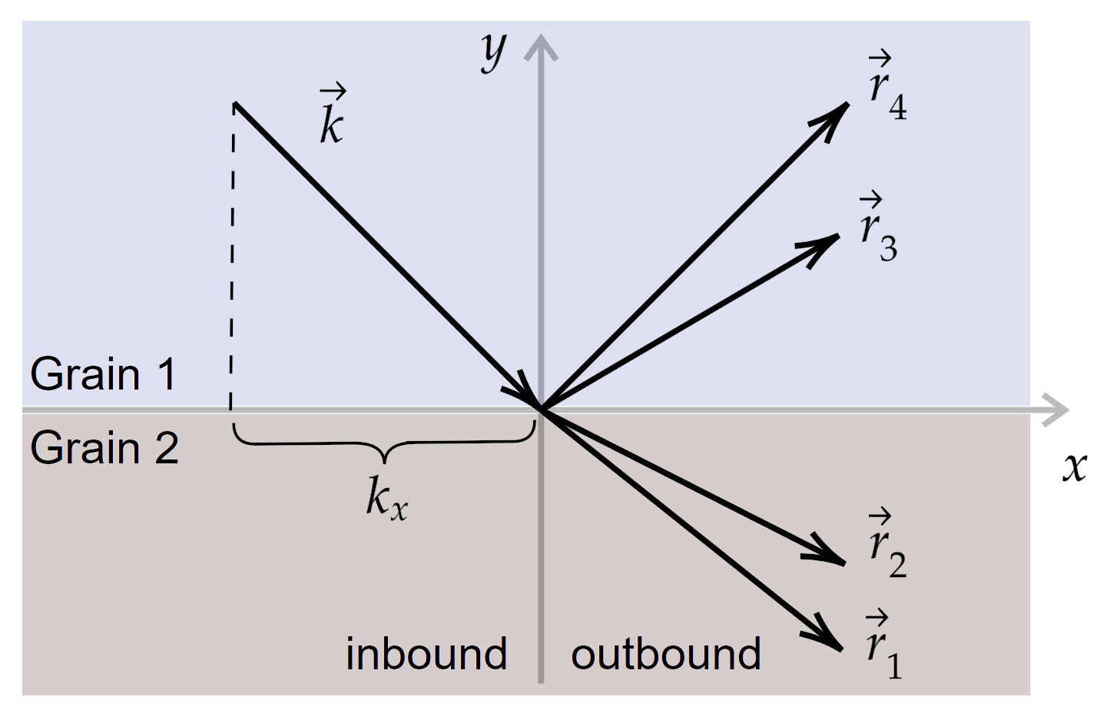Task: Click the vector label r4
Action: click(887, 88)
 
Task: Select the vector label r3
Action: click(878, 230)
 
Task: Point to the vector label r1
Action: click(883, 647)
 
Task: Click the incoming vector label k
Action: click(332, 117)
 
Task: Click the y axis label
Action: click(494, 51)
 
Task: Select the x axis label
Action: click(1075, 466)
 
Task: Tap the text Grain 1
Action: click(103, 375)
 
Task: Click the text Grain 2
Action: click(104, 448)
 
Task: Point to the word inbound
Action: click(426, 654)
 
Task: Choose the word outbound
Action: click(665, 654)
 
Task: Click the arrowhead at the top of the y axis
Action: click(542, 46)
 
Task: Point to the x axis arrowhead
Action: click(1058, 409)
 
